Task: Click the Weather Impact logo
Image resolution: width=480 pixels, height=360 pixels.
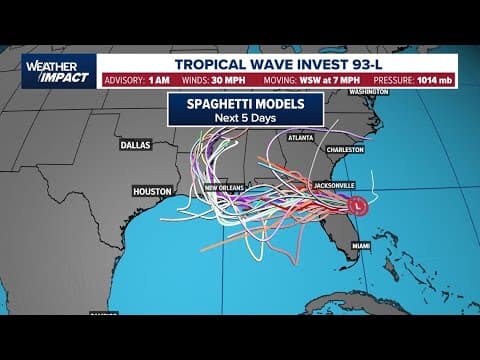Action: coord(59,70)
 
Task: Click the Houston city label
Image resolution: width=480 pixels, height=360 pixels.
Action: coord(153,190)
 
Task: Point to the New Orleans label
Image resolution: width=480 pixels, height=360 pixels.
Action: coord(226,187)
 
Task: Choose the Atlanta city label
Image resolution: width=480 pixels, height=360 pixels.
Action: coord(299,137)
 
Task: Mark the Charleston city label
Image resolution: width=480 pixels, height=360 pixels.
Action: coord(343,149)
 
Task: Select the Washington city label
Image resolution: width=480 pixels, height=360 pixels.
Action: coord(369,92)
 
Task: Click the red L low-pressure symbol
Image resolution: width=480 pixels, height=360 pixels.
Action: coord(360,205)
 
